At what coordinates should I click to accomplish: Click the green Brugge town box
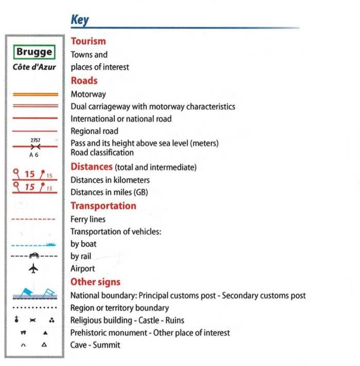pyautogui.click(x=34, y=52)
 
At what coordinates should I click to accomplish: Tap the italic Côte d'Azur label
pyautogui.click(x=34, y=67)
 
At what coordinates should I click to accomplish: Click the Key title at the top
pyautogui.click(x=80, y=20)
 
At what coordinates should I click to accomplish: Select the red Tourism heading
pyautogui.click(x=88, y=41)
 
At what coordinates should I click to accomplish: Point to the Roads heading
pyautogui.click(x=84, y=81)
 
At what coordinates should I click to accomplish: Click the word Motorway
pyautogui.click(x=88, y=94)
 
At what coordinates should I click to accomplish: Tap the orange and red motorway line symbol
pyautogui.click(x=34, y=95)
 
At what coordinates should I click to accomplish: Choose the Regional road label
pyautogui.click(x=95, y=131)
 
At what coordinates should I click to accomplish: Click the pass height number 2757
pyautogui.click(x=35, y=140)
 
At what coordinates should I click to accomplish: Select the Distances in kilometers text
pyautogui.click(x=110, y=180)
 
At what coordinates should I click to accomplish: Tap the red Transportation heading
pyautogui.click(x=103, y=206)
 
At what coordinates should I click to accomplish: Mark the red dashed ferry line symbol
pyautogui.click(x=34, y=219)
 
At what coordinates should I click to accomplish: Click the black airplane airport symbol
pyautogui.click(x=34, y=269)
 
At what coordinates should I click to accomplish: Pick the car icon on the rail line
pyautogui.click(x=34, y=255)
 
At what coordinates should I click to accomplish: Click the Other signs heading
pyautogui.click(x=96, y=282)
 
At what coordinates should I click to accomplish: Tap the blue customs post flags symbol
pyautogui.click(x=34, y=294)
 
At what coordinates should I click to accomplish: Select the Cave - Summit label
pyautogui.click(x=95, y=345)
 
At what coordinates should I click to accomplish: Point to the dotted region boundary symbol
pyautogui.click(x=34, y=308)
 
